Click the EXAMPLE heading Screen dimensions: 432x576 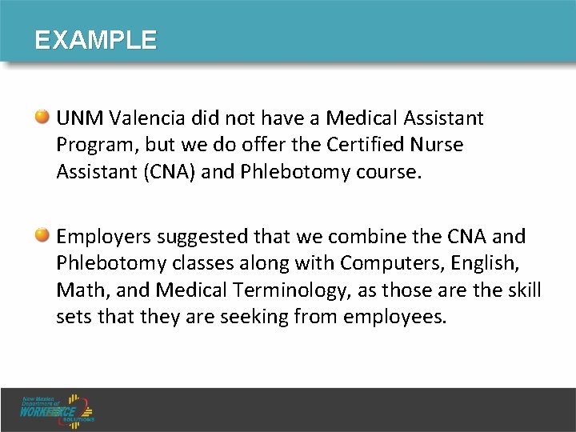pyautogui.click(x=95, y=40)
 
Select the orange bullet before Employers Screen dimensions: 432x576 pyautogui.click(x=46, y=236)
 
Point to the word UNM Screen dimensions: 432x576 pyautogui.click(x=79, y=119)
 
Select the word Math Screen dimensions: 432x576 pyautogui.click(x=77, y=290)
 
